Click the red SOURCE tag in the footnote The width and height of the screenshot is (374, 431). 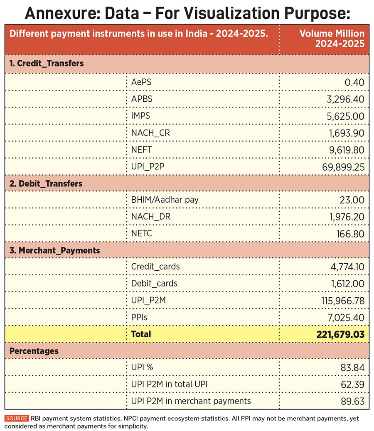tap(16, 418)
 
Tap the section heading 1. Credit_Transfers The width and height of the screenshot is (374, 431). tap(47, 64)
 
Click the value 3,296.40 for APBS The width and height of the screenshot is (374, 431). tap(345, 99)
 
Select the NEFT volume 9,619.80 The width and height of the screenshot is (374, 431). tap(345, 150)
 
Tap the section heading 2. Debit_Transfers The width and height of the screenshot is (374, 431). tap(46, 183)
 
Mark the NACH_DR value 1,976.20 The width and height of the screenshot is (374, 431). tap(345, 217)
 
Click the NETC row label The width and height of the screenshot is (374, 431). tap(142, 233)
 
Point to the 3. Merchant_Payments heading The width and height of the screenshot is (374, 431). tap(55, 250)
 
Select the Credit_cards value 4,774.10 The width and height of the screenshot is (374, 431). tap(345, 267)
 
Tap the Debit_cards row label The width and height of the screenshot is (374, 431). tap(154, 284)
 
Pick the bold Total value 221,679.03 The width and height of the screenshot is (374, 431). tap(337, 334)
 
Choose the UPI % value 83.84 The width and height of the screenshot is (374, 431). tap(353, 367)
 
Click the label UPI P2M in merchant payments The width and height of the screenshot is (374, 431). tap(191, 401)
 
